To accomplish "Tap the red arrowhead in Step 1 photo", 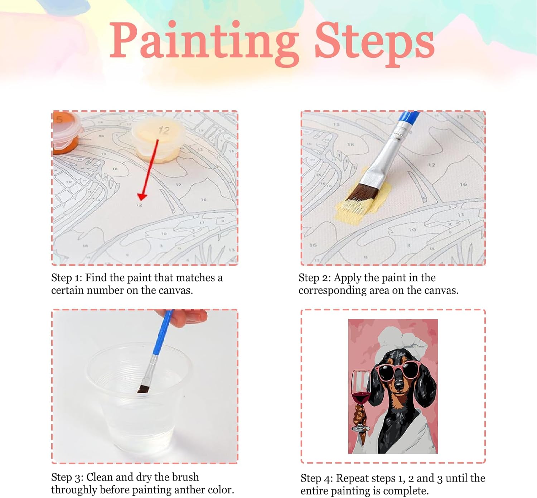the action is [142, 197].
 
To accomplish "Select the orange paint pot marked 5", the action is [66, 133].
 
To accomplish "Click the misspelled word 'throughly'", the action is [74, 490].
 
